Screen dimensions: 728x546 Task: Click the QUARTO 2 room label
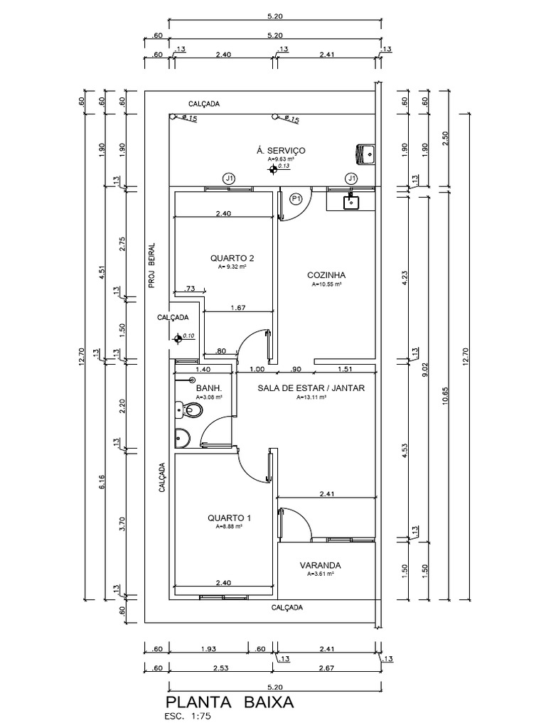(232, 258)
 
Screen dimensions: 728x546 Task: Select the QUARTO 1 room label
(229, 518)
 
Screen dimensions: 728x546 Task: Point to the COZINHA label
(326, 275)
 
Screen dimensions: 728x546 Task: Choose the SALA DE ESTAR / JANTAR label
(311, 388)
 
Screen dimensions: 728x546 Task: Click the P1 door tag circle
(297, 198)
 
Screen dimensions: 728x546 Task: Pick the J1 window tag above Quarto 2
(228, 178)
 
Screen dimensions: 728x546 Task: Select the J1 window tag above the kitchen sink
(351, 178)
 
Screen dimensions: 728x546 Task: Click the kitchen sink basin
(351, 202)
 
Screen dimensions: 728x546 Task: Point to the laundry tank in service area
(367, 152)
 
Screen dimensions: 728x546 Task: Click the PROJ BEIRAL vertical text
(152, 264)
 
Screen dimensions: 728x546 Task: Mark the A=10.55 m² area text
(326, 284)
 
